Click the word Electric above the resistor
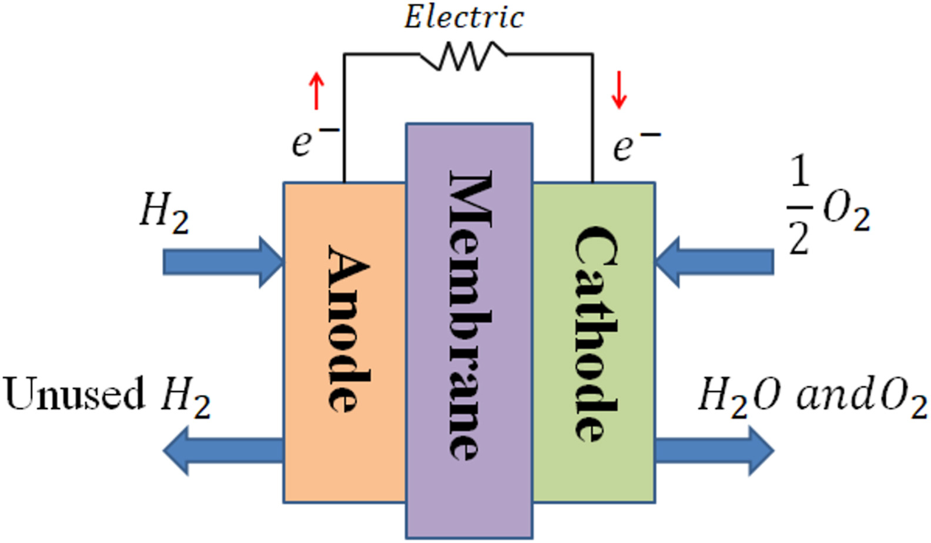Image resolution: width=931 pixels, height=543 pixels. (x=464, y=18)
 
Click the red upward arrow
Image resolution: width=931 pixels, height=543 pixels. (x=317, y=91)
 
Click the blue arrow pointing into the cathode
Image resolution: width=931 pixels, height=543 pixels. (x=714, y=262)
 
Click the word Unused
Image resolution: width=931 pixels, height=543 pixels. (x=73, y=394)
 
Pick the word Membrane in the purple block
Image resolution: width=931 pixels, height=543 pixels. (x=470, y=314)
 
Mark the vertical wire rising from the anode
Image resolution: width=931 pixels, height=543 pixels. (x=344, y=118)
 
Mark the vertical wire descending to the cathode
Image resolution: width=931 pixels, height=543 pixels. (x=592, y=118)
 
